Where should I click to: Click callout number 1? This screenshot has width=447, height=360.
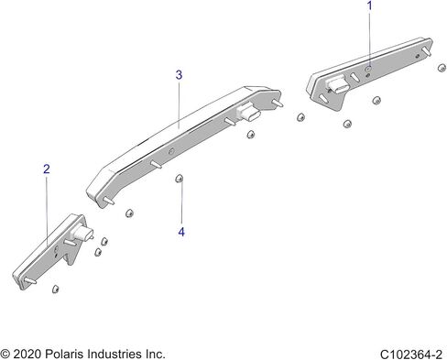pos(370,5)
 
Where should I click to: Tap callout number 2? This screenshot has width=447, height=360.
pos(47,169)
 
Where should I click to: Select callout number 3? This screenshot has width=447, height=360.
pos(179,75)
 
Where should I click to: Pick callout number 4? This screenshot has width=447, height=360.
pos(181,232)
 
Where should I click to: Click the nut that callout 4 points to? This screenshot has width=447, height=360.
pos(180,179)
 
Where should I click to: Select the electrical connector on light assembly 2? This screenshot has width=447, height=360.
pos(82,235)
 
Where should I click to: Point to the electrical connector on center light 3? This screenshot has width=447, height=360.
pos(248,112)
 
